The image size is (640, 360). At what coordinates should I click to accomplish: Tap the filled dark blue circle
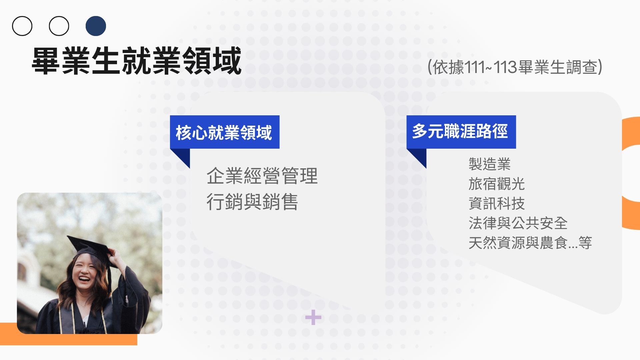(x=96, y=26)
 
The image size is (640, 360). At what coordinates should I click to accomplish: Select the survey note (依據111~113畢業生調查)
(x=515, y=67)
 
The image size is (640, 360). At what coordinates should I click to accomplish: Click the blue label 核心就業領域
(x=225, y=132)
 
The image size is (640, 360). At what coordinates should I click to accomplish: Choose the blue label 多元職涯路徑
(x=461, y=132)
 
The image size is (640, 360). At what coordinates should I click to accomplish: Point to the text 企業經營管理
(x=262, y=176)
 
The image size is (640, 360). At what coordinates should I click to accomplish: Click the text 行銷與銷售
(x=252, y=202)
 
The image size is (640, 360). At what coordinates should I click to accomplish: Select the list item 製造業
(x=489, y=164)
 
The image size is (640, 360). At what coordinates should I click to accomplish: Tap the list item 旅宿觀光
(x=497, y=184)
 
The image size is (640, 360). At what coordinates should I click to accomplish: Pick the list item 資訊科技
(x=497, y=203)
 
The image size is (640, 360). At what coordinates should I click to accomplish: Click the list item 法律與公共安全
(x=518, y=223)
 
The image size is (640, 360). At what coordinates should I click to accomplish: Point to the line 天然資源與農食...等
(x=530, y=243)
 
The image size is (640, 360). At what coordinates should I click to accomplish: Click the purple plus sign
(x=313, y=317)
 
